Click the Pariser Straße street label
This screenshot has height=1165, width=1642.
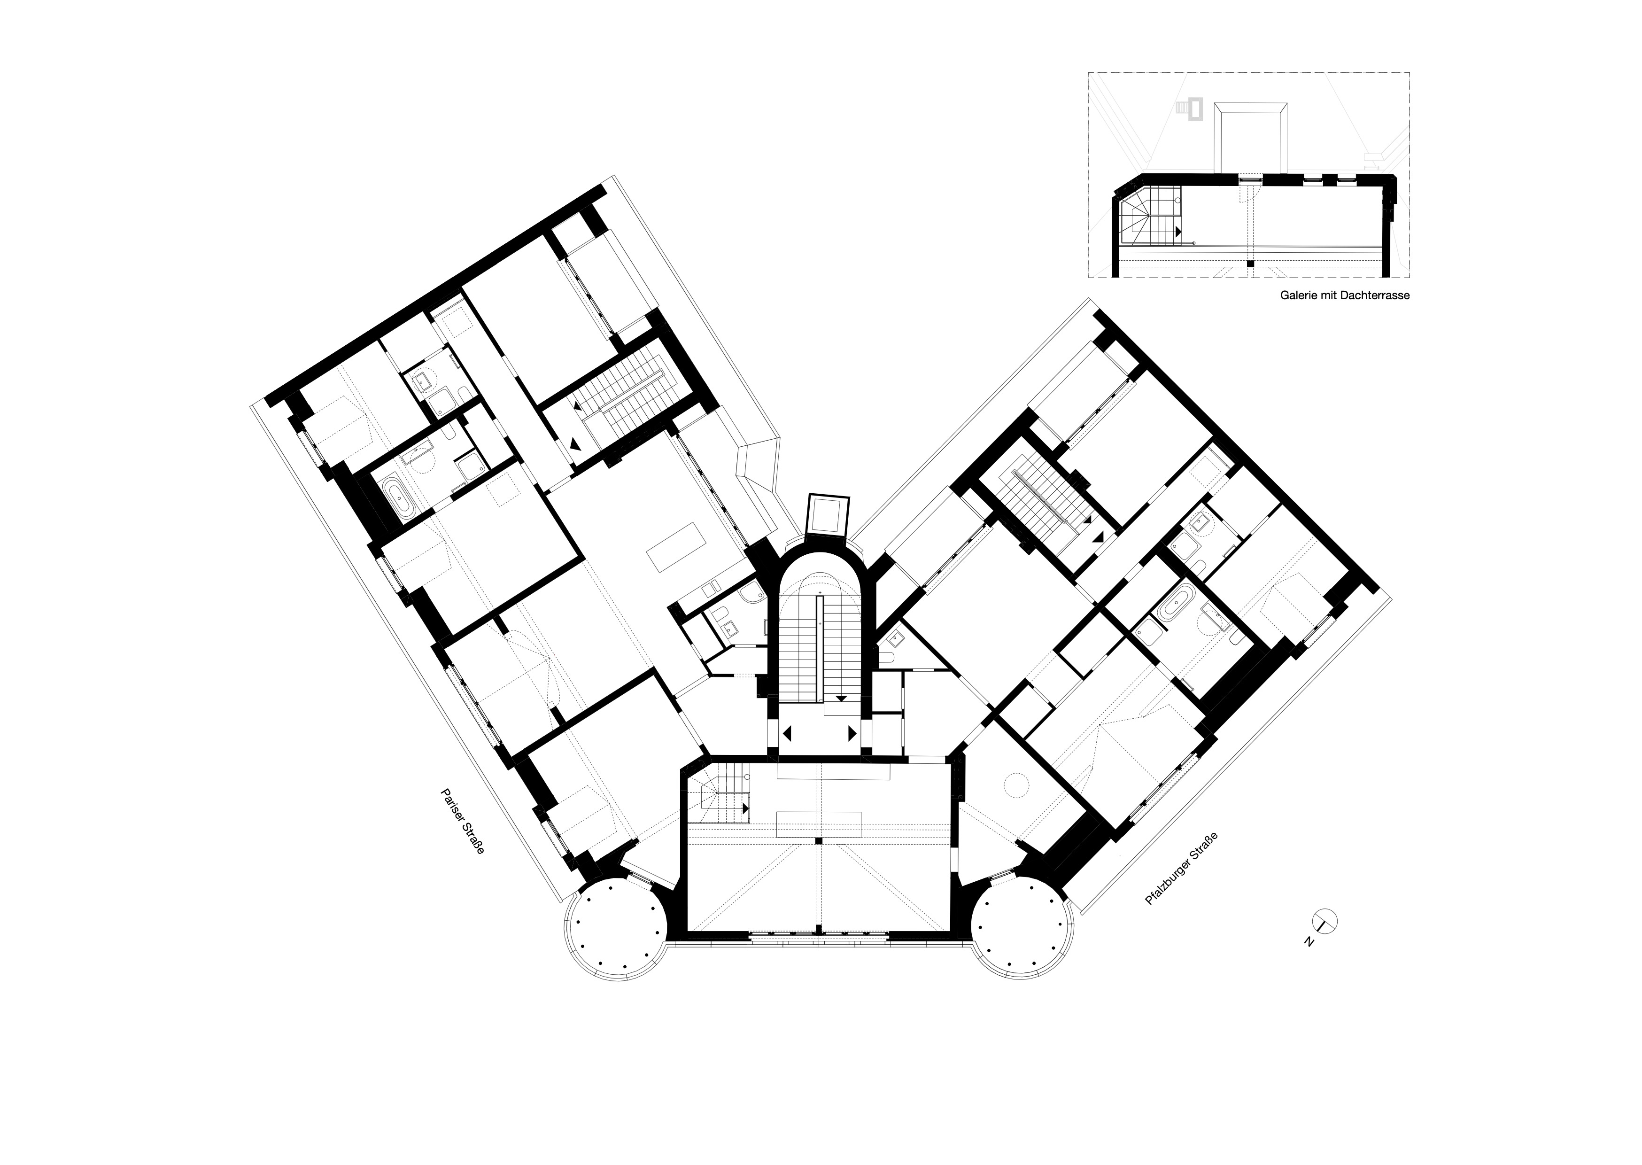point(463,822)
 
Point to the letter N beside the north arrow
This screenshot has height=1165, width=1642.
point(1309,942)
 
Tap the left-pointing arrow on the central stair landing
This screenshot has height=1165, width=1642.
point(787,734)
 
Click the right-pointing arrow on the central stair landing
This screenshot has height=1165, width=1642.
point(852,734)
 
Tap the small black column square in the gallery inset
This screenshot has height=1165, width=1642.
point(1250,264)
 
